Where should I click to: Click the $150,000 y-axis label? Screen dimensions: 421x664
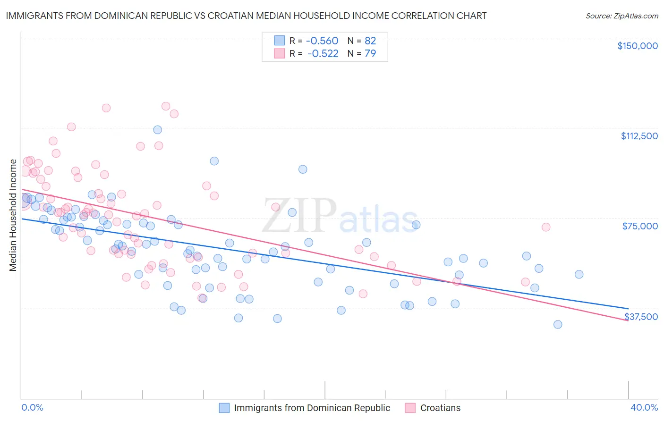point(637,46)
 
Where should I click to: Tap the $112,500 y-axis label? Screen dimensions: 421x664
point(639,136)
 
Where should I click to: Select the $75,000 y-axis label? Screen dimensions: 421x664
point(640,226)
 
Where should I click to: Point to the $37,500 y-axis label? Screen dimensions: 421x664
point(641,317)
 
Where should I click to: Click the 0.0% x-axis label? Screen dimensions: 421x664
point(32,407)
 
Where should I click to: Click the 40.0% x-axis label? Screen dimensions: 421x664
point(644,407)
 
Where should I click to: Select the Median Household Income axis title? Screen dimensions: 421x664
point(13,215)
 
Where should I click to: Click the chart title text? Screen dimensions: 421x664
point(246,16)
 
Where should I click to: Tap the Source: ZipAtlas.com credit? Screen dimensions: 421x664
point(621,16)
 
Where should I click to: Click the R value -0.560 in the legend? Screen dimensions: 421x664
point(323,41)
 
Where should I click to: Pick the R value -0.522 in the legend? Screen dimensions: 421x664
point(323,54)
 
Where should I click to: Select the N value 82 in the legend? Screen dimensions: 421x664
point(370,41)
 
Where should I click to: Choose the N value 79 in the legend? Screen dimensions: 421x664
point(370,54)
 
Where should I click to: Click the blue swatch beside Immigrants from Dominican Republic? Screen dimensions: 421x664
point(224,408)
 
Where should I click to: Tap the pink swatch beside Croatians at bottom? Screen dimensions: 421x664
point(410,408)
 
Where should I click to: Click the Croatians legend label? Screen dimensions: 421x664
point(440,408)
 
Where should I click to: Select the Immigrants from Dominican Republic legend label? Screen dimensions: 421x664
point(312,408)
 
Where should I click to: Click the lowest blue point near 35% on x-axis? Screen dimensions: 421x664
point(558,324)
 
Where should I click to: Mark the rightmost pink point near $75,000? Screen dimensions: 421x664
point(546,227)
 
